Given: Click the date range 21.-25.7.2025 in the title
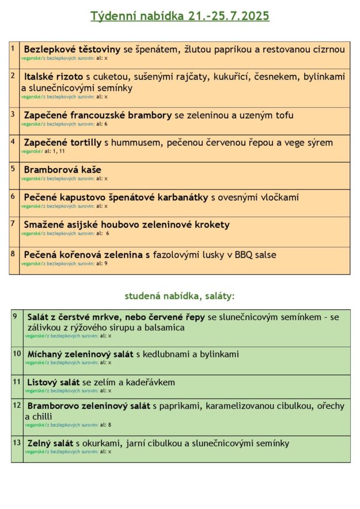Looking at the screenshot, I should [229, 16].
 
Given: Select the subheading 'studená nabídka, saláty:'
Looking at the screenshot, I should [180, 296].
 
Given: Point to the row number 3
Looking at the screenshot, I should [13, 114].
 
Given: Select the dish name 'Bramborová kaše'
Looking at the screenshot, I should [62, 170].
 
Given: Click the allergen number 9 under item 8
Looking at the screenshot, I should [106, 263].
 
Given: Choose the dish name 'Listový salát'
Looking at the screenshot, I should [54, 382].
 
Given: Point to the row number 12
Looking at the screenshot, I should [17, 405].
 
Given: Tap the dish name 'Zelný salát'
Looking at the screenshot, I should [50, 443].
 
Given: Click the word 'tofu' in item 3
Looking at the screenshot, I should [284, 115].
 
